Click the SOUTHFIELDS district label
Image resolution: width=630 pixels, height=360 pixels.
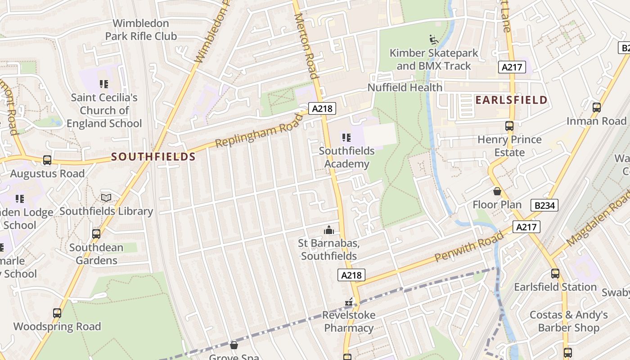coord(153,157)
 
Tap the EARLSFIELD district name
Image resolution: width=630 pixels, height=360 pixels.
coord(511,100)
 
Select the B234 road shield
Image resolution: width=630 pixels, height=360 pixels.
coord(544,206)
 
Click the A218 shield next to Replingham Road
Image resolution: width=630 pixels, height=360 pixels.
coord(322,108)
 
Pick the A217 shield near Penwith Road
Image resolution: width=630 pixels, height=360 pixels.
coord(526,227)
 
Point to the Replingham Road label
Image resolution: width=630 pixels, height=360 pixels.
coord(259,130)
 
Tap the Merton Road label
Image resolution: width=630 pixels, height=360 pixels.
coord(306,45)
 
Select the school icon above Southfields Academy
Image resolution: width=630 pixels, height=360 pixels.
coord(346,137)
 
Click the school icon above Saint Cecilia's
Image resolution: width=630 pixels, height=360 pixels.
coord(104,84)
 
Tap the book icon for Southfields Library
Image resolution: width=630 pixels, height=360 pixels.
coord(106,198)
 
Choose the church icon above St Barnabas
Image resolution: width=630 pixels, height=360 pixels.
coord(329,230)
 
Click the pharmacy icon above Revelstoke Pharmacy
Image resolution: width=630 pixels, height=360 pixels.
coord(349,302)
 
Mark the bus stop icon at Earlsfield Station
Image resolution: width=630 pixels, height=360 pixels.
coord(555,273)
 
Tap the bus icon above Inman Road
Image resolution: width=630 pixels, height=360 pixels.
coord(596,108)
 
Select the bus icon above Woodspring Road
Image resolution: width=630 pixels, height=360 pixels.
coord(57,313)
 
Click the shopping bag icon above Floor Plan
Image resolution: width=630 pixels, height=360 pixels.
coord(497,192)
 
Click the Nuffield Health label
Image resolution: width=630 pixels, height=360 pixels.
coord(405,87)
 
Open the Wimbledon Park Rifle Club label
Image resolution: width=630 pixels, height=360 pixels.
coord(141,30)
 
